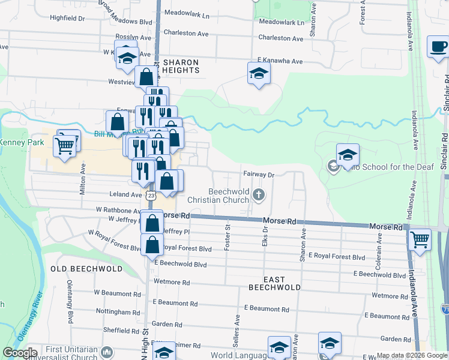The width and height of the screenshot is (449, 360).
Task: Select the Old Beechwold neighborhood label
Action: tap(83, 268)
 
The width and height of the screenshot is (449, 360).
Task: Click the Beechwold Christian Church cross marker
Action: tap(259, 194)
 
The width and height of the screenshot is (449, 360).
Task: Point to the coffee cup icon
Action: tap(438, 46)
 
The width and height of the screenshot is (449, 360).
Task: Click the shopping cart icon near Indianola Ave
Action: tap(420, 239)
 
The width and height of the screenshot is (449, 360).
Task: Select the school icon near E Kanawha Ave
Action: tap(259, 73)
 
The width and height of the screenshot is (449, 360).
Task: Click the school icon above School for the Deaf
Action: tap(347, 155)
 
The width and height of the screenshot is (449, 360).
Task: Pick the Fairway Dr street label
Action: tap(259, 175)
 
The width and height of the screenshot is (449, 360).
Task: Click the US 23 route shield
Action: tap(150, 196)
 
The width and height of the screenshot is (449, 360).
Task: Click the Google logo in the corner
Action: tap(19, 353)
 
